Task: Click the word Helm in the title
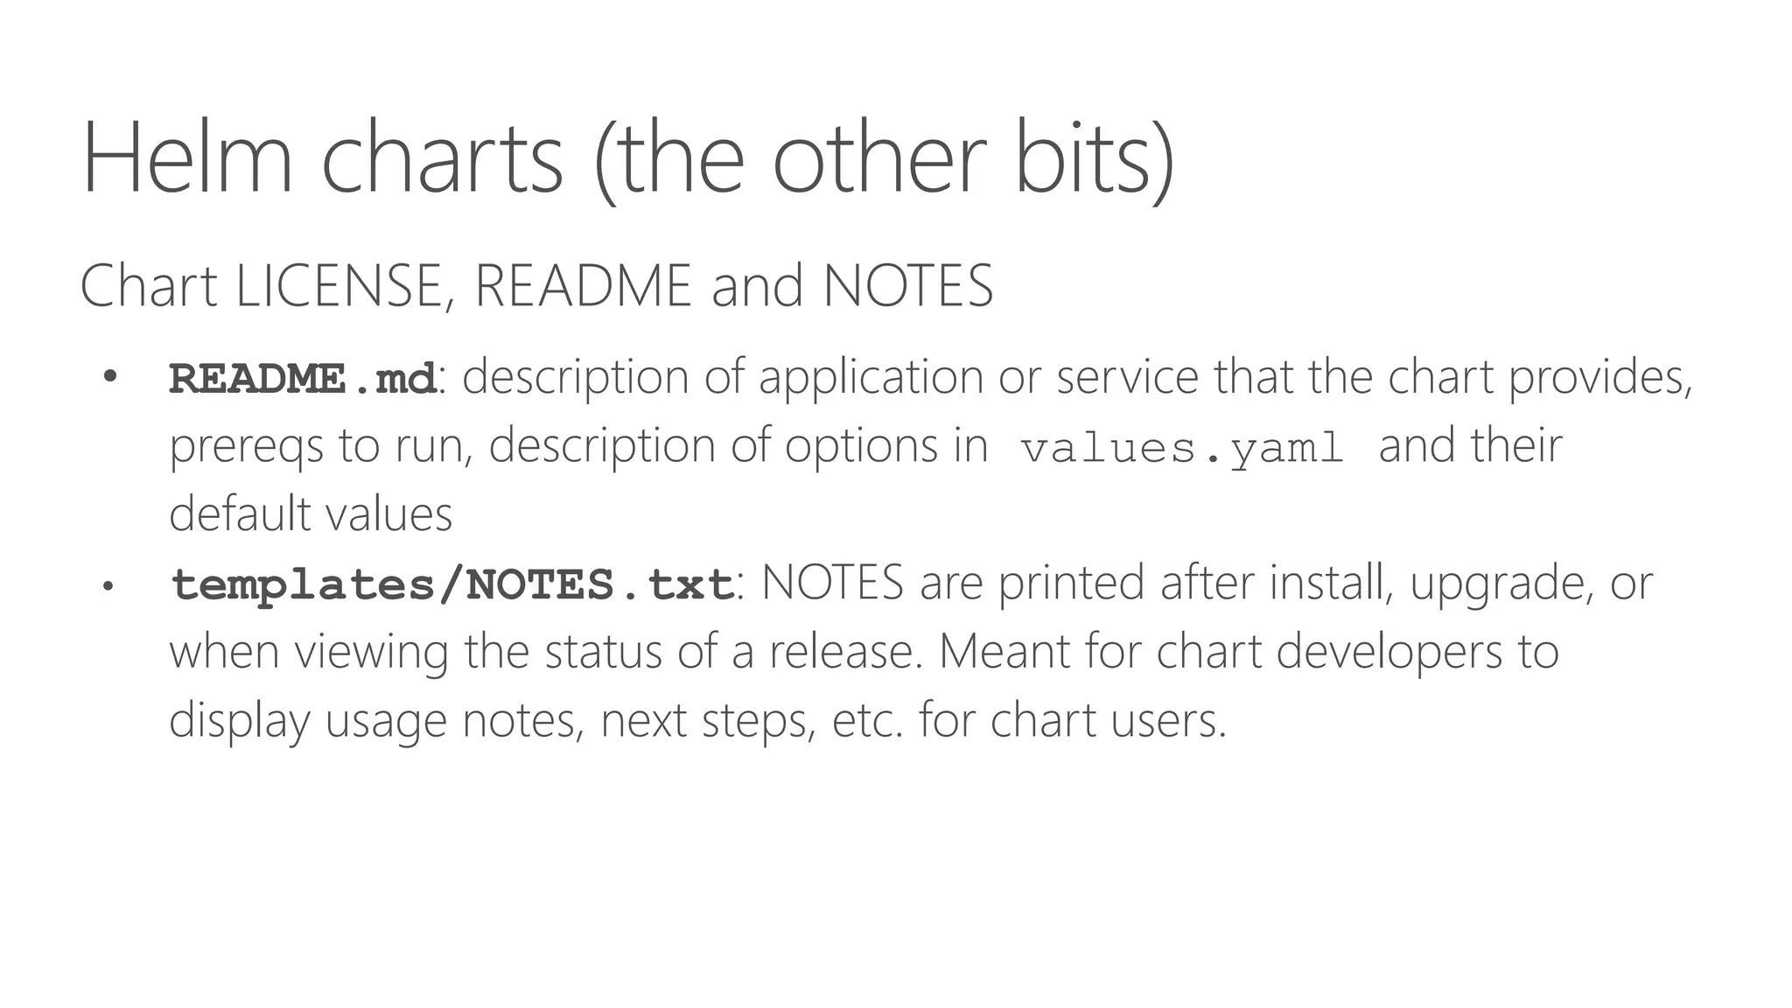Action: (187, 159)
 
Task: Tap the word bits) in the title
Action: (1094, 159)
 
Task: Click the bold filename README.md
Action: (303, 379)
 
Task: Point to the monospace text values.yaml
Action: (1182, 449)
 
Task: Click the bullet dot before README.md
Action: (109, 377)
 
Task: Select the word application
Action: (871, 377)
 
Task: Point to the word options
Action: (861, 446)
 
